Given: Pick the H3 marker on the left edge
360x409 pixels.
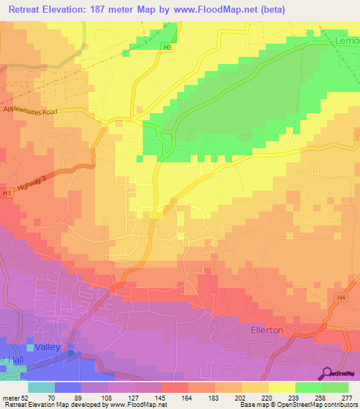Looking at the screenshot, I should (x=6, y=193).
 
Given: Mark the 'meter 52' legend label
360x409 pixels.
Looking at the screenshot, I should (x=14, y=397).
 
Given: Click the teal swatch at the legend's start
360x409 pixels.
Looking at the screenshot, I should (x=41, y=387).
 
